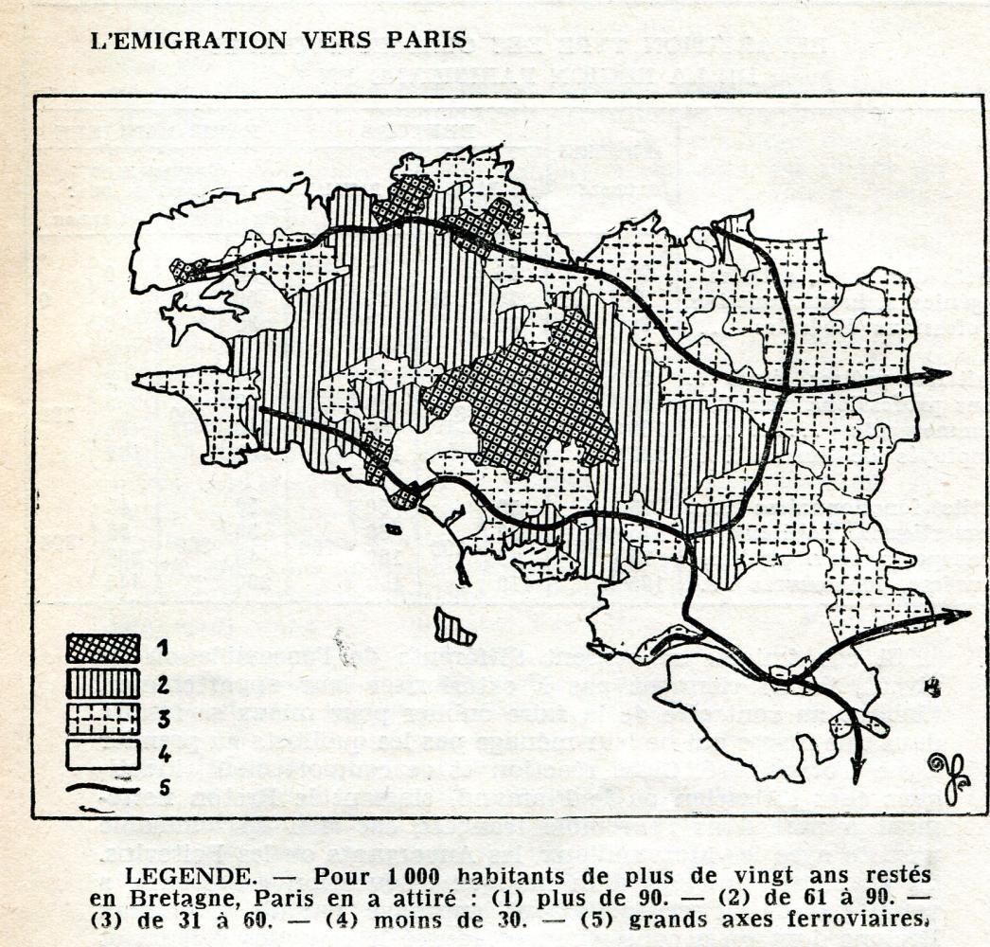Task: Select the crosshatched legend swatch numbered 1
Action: click(103, 648)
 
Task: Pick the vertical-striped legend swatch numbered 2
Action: click(103, 683)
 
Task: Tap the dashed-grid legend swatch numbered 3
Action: click(103, 718)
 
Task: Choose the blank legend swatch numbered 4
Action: click(103, 753)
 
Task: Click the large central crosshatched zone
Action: click(530, 398)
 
